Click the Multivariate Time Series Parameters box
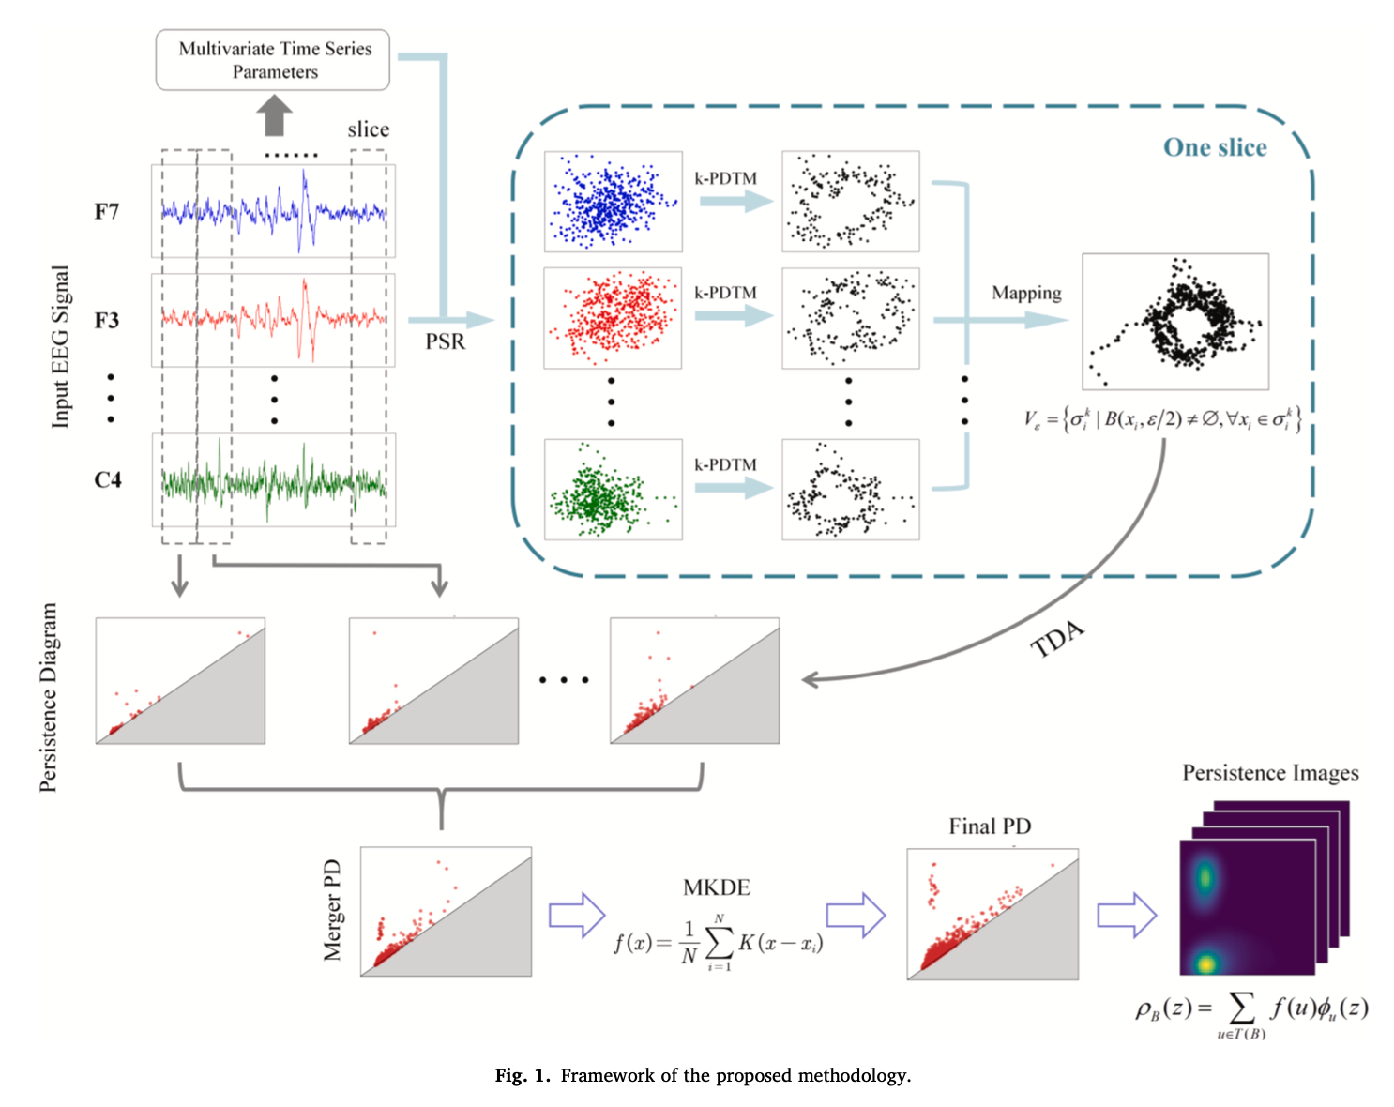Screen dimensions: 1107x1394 coord(273,60)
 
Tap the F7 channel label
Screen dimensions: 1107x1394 coord(107,211)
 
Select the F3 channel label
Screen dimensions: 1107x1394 coord(107,320)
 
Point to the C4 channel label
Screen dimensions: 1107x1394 coord(108,479)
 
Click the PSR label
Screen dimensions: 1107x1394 coord(445,341)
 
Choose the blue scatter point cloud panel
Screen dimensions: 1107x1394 coord(613,201)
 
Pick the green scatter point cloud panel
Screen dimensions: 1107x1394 coord(613,490)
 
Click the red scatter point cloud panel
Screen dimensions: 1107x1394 coord(613,318)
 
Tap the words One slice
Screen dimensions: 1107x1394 coord(1215,147)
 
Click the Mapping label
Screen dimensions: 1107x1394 coord(1026,293)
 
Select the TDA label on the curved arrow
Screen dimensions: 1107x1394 coord(1057,640)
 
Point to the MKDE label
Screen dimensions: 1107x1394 coord(717,887)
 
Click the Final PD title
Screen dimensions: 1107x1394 coord(990,826)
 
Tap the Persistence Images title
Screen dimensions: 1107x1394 coord(1270,773)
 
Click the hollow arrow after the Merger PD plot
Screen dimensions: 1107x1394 coord(576,914)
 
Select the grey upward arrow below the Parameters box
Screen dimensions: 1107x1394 coord(274,116)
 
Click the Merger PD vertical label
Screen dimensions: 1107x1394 coord(332,910)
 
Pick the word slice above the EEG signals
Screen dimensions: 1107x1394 coord(368,129)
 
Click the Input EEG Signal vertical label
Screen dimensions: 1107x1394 coord(60,347)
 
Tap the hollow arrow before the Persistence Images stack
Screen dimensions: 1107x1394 coord(1126,914)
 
